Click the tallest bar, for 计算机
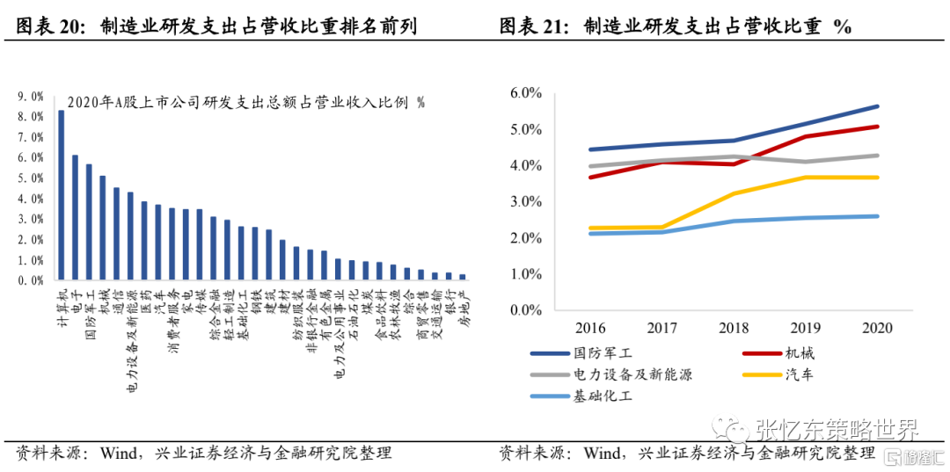pyautogui.click(x=61, y=195)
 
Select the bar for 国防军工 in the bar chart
pyautogui.click(x=89, y=221)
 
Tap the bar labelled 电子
pyautogui.click(x=75, y=217)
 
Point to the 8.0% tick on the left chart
pyautogui.click(x=31, y=116)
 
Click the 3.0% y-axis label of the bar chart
pyautogui.click(x=31, y=219)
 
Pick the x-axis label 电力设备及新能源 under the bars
pyautogui.click(x=130, y=338)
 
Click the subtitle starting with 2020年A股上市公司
pyautogui.click(x=245, y=103)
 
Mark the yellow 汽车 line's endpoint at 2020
pyautogui.click(x=877, y=178)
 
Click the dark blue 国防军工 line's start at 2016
pyautogui.click(x=591, y=149)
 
